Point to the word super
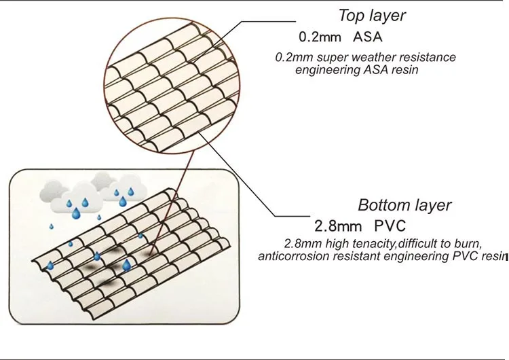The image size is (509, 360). click(333, 58)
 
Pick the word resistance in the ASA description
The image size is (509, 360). click(429, 58)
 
